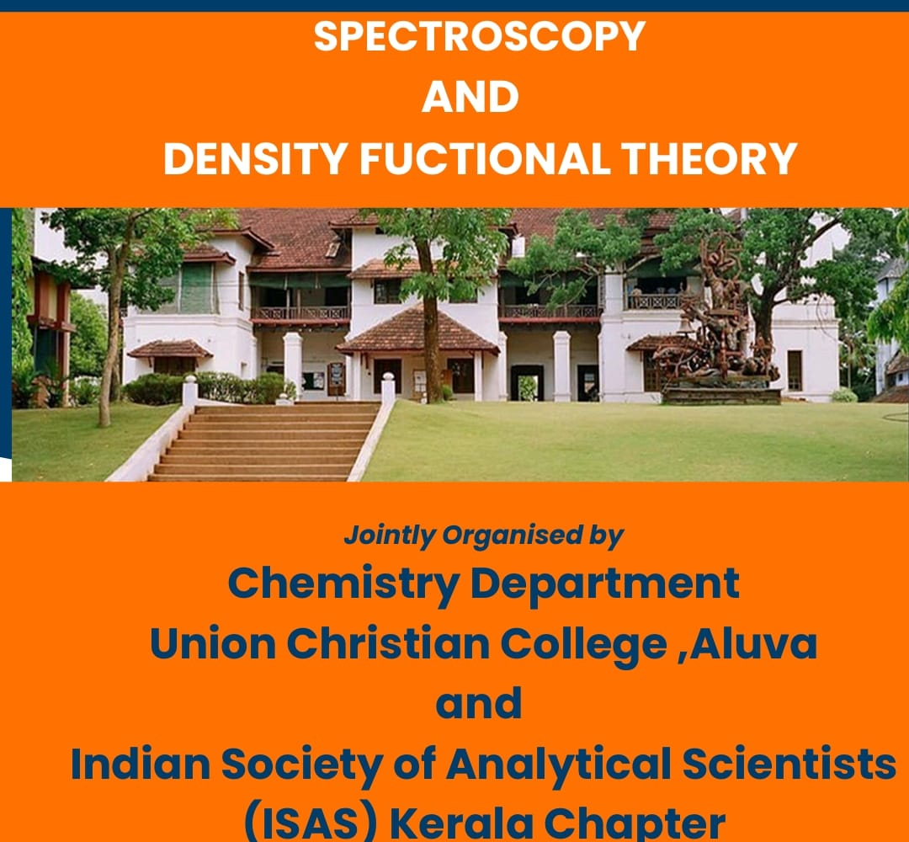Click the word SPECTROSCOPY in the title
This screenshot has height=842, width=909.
pos(480,36)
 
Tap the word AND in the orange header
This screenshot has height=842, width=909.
pos(470,97)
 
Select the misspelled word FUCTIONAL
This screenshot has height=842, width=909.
pos(486,157)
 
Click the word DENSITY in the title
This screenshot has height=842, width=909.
pos(256,157)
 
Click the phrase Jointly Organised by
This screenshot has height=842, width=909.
pos(483,536)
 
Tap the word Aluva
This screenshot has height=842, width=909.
pos(753,643)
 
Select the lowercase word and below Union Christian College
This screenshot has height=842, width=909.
pos(479,703)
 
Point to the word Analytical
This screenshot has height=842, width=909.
pos(558,764)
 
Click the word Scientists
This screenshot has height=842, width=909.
pos(789,764)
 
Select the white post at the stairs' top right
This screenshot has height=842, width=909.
pos(388,388)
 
